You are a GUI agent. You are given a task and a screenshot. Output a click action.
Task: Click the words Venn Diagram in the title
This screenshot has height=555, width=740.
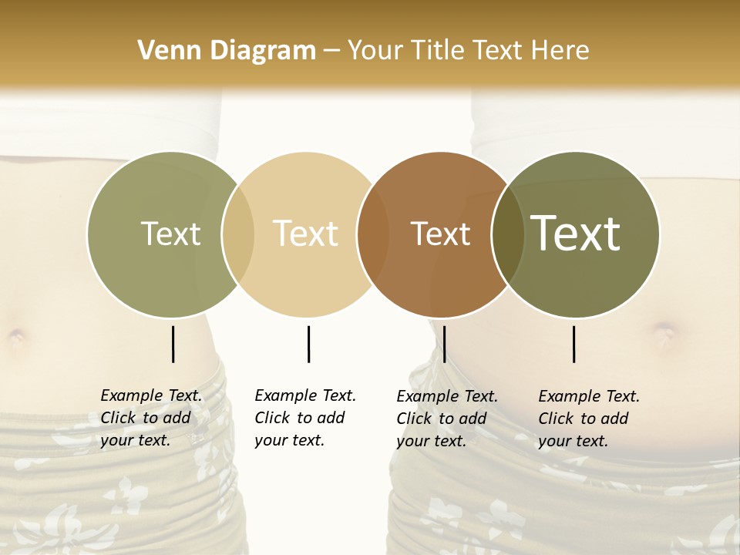click(x=227, y=51)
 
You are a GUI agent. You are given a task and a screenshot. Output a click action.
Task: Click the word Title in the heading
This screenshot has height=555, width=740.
click(x=440, y=51)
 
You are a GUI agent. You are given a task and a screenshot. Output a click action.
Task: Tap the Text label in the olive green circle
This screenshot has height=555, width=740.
click(x=170, y=234)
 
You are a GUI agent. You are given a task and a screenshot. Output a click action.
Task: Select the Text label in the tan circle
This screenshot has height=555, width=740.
click(x=306, y=234)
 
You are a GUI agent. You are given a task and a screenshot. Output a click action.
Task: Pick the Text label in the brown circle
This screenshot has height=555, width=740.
click(x=440, y=234)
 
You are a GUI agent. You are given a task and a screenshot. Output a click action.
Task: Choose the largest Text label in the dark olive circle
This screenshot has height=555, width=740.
click(x=576, y=233)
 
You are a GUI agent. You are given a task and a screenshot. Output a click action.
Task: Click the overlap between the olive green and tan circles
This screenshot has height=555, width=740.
click(x=238, y=234)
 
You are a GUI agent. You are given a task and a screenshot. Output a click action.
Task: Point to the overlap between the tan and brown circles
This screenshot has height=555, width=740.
click(x=372, y=234)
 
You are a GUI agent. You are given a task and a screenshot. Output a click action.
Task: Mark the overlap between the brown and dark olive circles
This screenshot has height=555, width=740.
click(x=508, y=234)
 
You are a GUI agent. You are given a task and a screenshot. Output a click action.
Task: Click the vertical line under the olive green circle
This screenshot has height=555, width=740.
click(x=173, y=344)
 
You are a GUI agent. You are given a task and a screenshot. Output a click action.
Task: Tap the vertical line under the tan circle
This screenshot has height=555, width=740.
click(x=308, y=344)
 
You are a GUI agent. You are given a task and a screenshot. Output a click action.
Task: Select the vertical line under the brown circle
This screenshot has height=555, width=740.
click(x=445, y=344)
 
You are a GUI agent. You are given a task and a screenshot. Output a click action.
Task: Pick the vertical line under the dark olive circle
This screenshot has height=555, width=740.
click(x=573, y=344)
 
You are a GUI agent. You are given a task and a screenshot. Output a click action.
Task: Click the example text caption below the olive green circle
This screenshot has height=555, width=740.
click(x=151, y=418)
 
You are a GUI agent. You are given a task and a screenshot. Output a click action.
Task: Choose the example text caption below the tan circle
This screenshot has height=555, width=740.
click(x=305, y=418)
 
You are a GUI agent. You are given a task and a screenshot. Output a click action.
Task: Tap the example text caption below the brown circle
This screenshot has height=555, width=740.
click(x=447, y=419)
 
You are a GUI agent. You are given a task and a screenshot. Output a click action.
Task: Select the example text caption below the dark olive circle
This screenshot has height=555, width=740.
click(x=589, y=419)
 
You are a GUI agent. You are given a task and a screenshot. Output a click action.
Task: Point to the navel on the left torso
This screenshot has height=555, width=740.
click(x=16, y=336)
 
